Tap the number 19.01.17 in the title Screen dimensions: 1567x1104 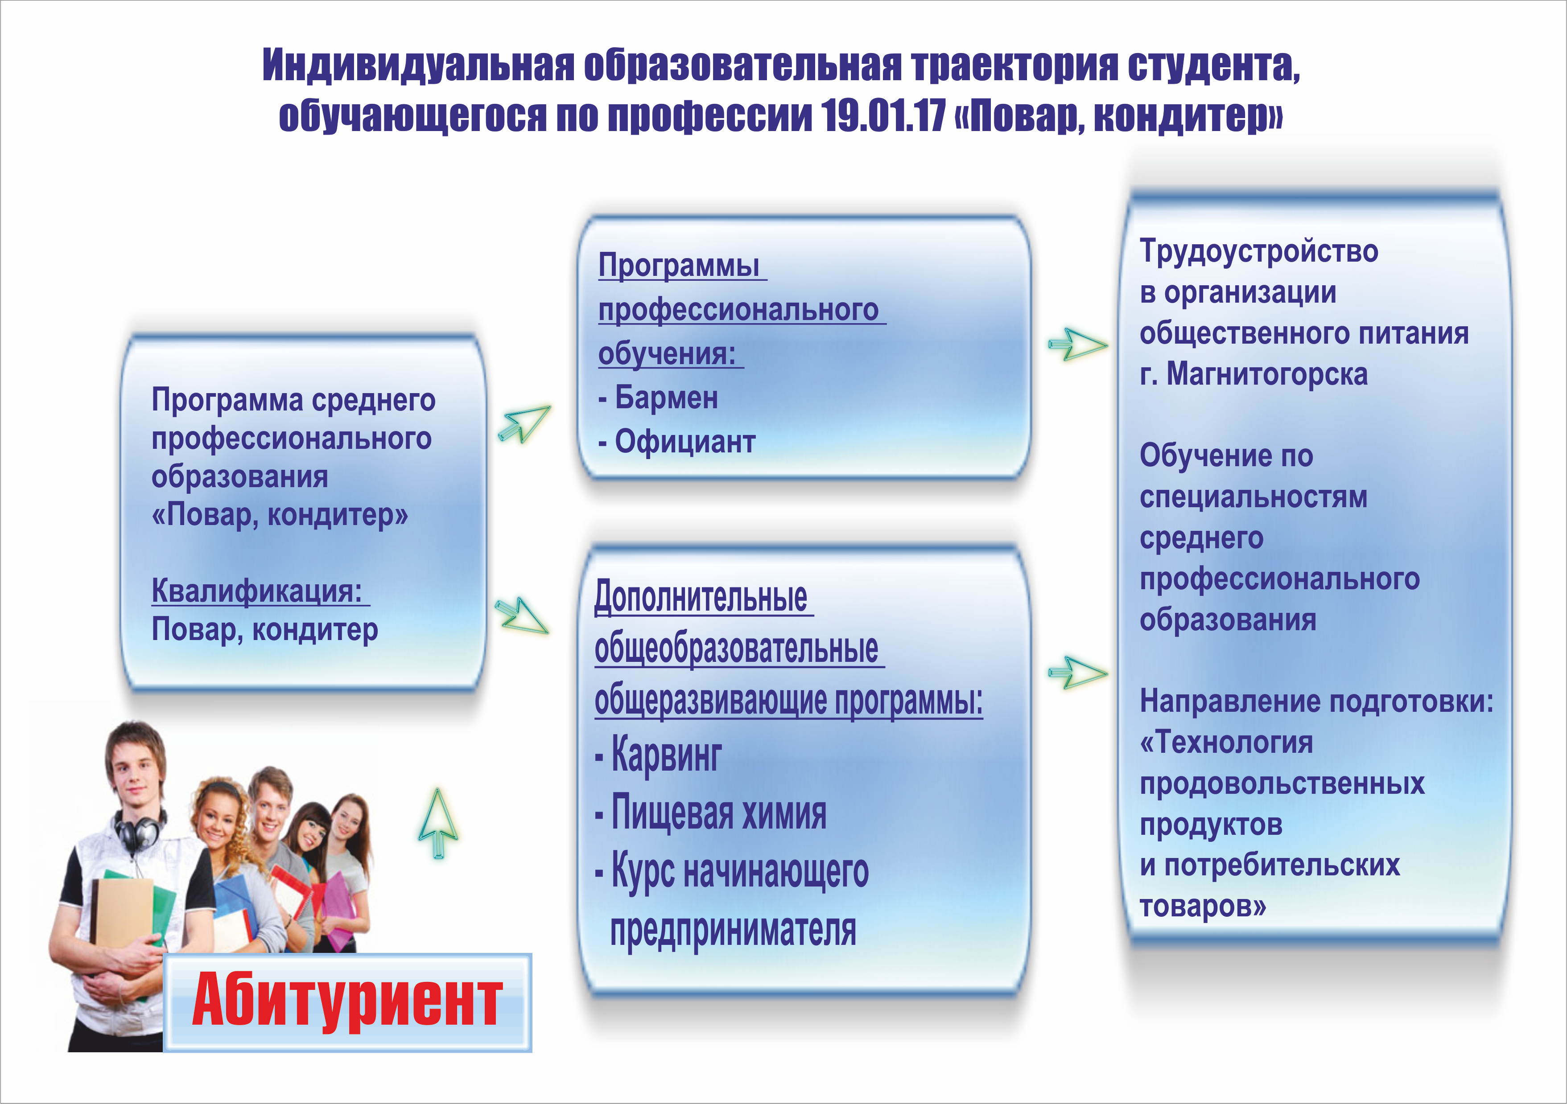[x=882, y=115]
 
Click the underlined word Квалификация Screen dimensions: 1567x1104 [x=256, y=591]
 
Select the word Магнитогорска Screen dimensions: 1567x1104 [x=1267, y=374]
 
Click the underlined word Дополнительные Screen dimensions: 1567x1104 [x=701, y=597]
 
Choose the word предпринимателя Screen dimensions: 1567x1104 [x=733, y=931]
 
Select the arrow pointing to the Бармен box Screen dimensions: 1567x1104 [x=524, y=424]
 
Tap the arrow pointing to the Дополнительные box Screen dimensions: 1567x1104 [x=522, y=616]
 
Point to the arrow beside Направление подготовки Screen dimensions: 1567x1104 [x=1078, y=673]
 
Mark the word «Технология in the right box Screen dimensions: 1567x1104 [x=1226, y=743]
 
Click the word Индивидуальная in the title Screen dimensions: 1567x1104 [x=418, y=66]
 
